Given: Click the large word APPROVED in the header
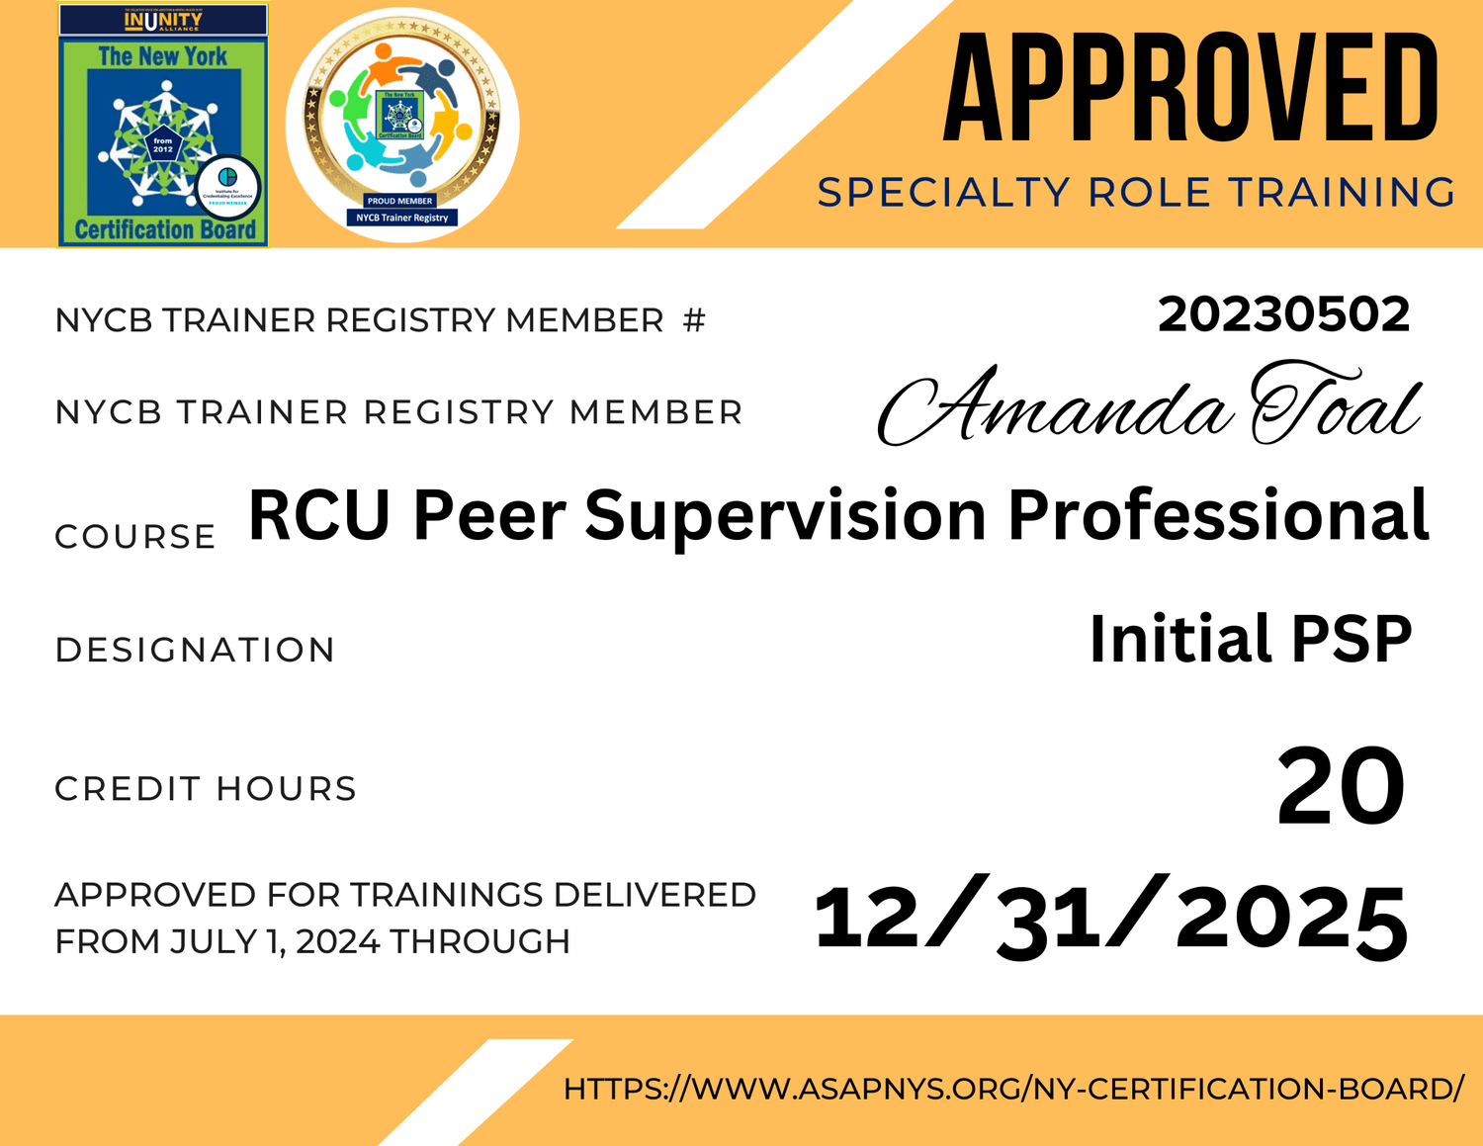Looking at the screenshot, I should click(1190, 88).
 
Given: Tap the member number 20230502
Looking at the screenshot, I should click(1283, 315).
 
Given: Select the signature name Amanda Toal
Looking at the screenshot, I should click(1149, 406).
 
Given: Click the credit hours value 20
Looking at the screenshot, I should click(1340, 787).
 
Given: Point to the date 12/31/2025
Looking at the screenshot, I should click(1110, 918).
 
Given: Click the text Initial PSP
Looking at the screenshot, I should click(1250, 639).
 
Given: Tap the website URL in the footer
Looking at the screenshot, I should click(1013, 1089).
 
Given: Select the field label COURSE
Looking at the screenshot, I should click(135, 537).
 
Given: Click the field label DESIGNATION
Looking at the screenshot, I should click(195, 650).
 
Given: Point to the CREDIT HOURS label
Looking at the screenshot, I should click(206, 789).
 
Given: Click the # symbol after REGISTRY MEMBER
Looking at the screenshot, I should click(694, 320).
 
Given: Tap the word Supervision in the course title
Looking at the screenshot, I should click(785, 515).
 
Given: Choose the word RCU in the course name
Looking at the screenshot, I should click(318, 515).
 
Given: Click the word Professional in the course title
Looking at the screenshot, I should click(1217, 515).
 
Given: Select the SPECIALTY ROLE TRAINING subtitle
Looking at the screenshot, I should click(1136, 193).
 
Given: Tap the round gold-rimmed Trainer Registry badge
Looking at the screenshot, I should click(401, 124).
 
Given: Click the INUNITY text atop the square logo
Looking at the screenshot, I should click(163, 20).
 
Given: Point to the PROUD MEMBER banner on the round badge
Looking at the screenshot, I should click(400, 201).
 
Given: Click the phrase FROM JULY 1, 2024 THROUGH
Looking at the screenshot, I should click(312, 941).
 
